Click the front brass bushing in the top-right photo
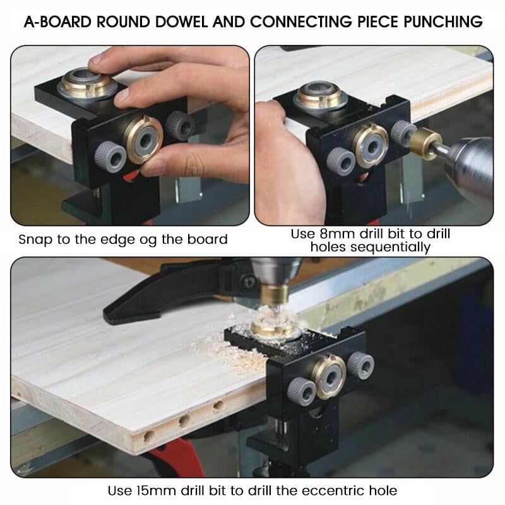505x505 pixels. click(x=370, y=144)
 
